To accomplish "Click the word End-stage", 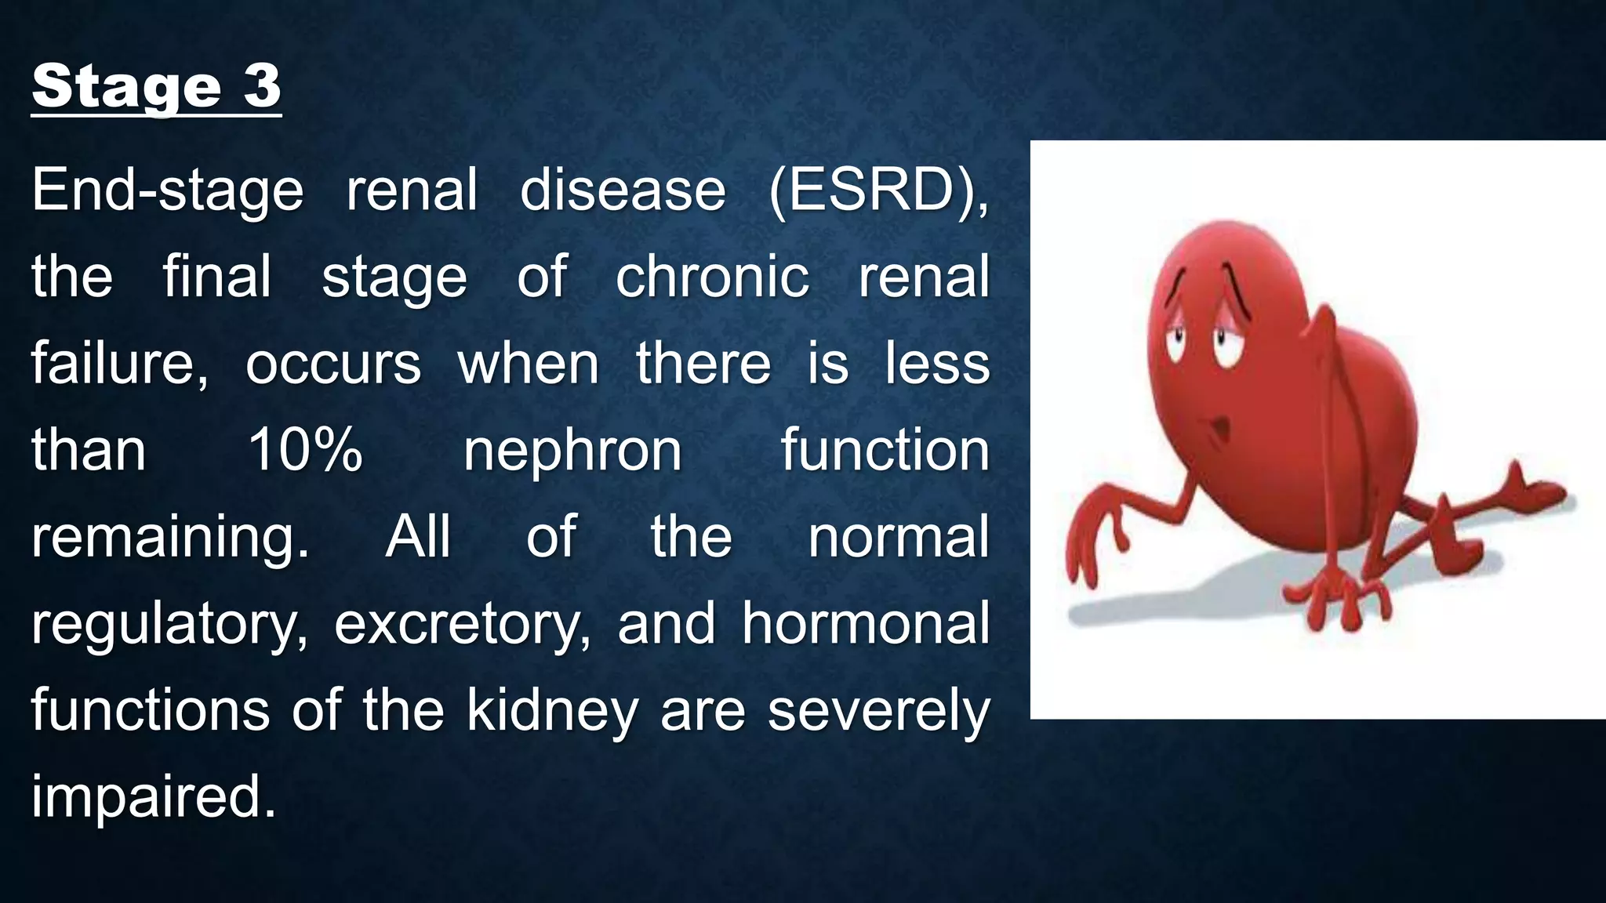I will (x=167, y=191).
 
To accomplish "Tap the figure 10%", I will (x=305, y=451).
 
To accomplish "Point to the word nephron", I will (x=572, y=452).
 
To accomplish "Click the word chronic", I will (x=711, y=277).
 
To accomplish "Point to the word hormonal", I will (x=866, y=624).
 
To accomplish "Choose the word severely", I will (x=878, y=712).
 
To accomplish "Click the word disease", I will (x=623, y=191).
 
